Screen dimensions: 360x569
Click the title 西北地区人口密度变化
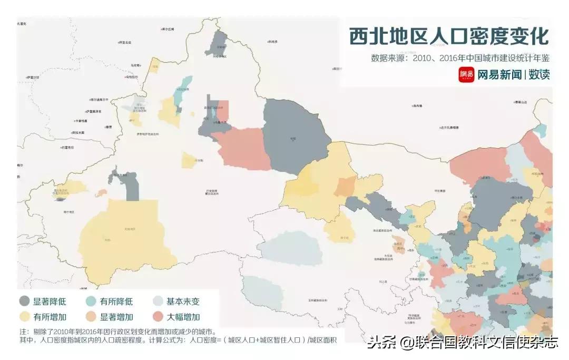tap(449, 37)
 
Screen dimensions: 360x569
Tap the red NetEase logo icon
tap(466, 75)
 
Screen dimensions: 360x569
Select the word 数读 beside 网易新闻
tap(539, 75)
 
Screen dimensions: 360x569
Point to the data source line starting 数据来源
tap(460, 57)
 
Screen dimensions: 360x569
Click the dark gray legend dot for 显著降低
tap(24, 301)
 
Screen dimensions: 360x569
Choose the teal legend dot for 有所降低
tap(91, 301)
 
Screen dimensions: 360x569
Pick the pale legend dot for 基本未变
tap(158, 301)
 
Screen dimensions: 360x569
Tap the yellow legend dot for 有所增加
tap(24, 317)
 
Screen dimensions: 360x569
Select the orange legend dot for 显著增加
tap(91, 317)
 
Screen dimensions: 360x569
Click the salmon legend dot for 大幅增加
tap(158, 317)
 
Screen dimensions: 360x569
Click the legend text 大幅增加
tap(183, 317)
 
